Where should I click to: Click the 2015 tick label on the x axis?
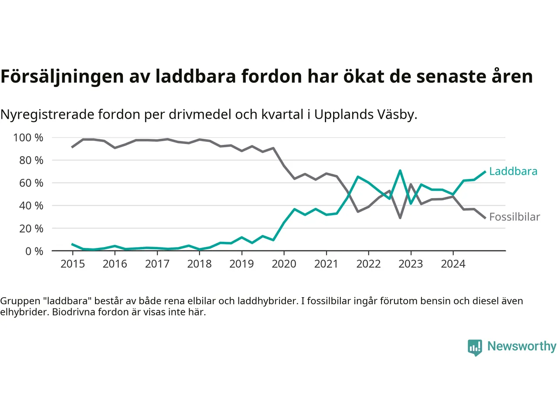click(72, 264)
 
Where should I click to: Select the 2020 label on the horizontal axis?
click(284, 264)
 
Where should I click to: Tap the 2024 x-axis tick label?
click(453, 264)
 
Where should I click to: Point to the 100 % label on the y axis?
click(28, 138)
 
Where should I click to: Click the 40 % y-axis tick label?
click(31, 206)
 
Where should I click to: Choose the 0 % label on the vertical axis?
click(34, 251)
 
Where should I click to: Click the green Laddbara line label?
click(513, 171)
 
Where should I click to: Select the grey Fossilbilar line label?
click(514, 217)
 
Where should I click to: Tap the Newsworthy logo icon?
click(475, 347)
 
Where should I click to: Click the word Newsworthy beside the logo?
click(522, 346)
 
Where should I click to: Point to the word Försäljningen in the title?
click(62, 76)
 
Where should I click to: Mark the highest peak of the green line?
click(400, 171)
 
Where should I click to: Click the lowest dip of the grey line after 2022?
click(400, 217)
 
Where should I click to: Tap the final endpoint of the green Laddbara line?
click(485, 172)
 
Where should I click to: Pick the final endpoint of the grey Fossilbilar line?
click(485, 218)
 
